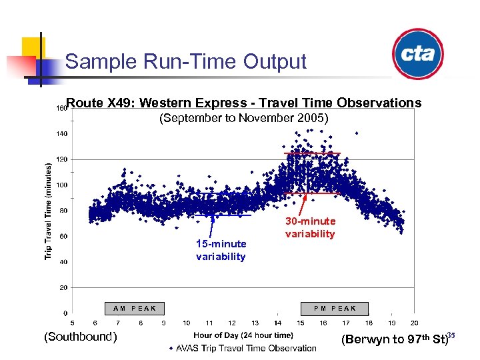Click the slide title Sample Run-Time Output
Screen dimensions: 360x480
(x=185, y=62)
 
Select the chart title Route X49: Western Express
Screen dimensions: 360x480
(x=244, y=103)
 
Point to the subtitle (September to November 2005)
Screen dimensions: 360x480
(x=243, y=118)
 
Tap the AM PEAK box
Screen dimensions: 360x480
(x=135, y=309)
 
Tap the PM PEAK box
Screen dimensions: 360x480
(x=335, y=309)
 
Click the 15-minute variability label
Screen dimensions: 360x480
(x=221, y=250)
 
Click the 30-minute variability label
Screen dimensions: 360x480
(x=310, y=227)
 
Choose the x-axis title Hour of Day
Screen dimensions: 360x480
(x=243, y=335)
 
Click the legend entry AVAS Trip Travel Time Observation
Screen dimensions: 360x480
(x=243, y=348)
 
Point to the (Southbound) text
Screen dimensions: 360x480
(x=80, y=337)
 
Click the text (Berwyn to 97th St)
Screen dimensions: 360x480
(x=393, y=339)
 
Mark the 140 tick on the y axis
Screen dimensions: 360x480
(x=61, y=134)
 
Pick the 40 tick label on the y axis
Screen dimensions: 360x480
(x=62, y=262)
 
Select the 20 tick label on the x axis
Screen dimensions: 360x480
(x=414, y=323)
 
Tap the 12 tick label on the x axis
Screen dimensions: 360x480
(x=231, y=323)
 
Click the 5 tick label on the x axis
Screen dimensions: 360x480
(x=72, y=323)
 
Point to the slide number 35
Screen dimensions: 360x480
(x=451, y=335)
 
